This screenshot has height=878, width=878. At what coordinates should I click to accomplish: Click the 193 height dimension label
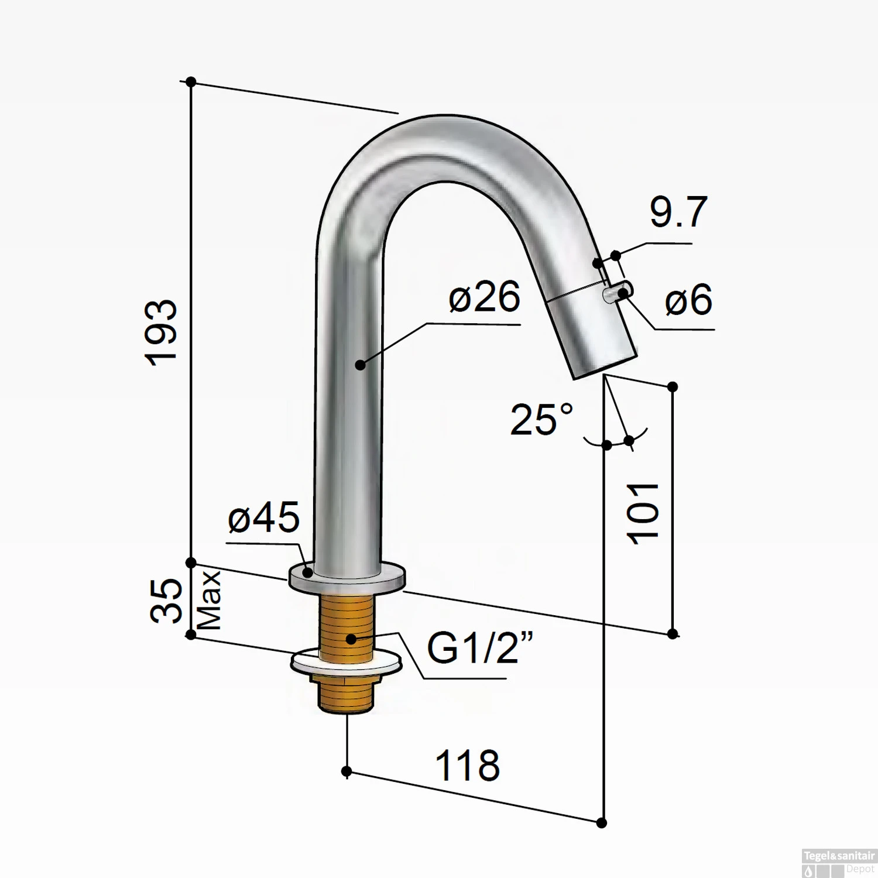(161, 334)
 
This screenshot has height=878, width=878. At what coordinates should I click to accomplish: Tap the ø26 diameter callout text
(484, 297)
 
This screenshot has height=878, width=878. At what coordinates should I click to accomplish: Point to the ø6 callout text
(688, 300)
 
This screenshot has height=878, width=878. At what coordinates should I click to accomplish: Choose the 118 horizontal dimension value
(468, 765)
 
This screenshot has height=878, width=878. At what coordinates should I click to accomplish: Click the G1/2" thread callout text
(480, 648)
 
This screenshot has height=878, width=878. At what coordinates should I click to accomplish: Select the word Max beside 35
(209, 601)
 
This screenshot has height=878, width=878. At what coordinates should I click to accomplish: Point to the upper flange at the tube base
(347, 577)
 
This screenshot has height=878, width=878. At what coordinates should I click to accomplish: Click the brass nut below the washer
(343, 694)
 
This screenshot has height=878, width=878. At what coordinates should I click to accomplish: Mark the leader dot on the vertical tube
(360, 365)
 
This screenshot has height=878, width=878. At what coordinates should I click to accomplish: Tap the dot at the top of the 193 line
(191, 82)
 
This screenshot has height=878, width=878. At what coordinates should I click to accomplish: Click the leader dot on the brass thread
(351, 639)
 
